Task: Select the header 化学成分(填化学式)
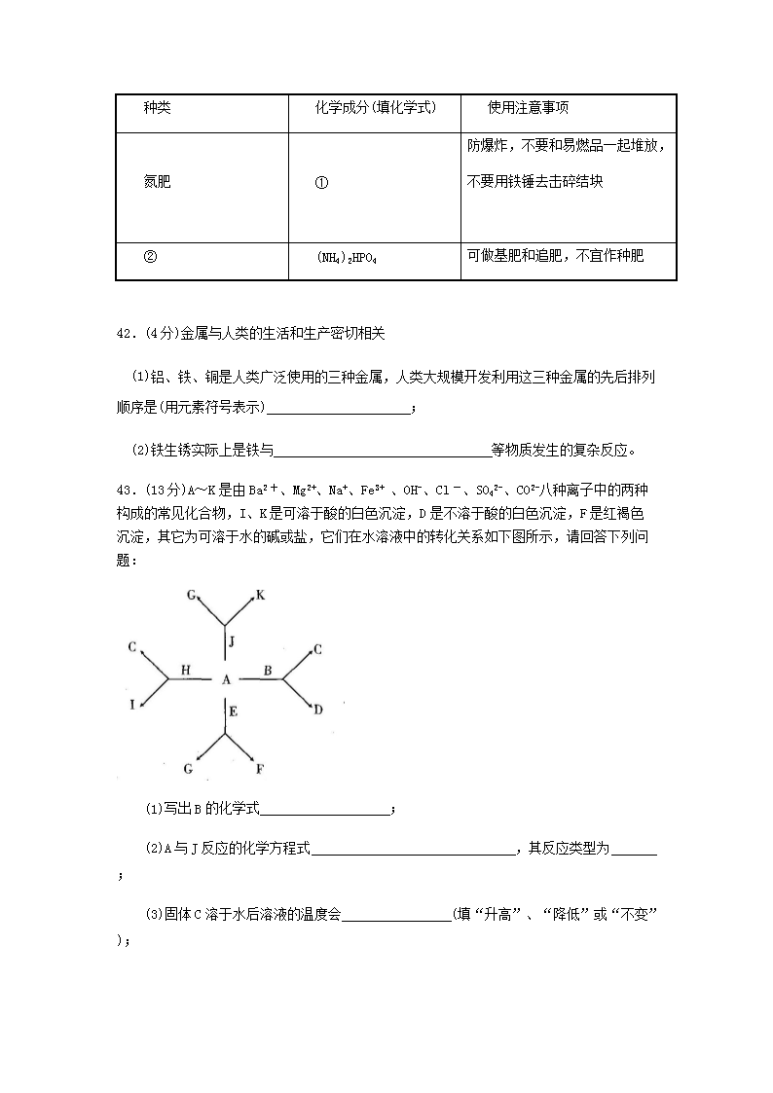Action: click(x=375, y=108)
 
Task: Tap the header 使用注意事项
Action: click(x=528, y=108)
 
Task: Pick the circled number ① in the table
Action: click(x=322, y=182)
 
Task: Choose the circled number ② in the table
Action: click(x=150, y=257)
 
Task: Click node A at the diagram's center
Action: click(x=226, y=679)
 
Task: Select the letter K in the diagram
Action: click(x=260, y=594)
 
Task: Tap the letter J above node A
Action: click(x=232, y=641)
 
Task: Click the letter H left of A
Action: click(x=186, y=670)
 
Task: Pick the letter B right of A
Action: click(x=267, y=670)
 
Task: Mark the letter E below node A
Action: click(x=233, y=711)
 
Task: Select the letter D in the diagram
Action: click(x=317, y=710)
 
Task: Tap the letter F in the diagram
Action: click(x=259, y=769)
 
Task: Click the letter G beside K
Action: click(x=191, y=594)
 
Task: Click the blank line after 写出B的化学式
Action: click(x=325, y=810)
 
